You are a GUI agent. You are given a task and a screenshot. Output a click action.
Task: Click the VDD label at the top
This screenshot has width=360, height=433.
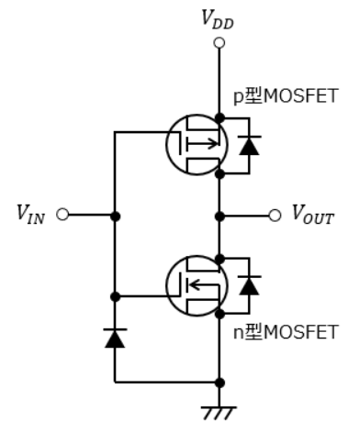(x=218, y=19)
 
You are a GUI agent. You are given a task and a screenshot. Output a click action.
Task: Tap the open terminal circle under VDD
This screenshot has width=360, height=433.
(x=219, y=43)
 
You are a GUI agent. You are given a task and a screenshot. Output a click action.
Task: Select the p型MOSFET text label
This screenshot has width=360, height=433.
(x=286, y=96)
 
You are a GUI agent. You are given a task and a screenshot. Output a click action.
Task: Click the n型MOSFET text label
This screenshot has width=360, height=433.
(x=286, y=332)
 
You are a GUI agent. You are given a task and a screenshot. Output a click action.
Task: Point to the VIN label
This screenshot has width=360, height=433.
(x=30, y=213)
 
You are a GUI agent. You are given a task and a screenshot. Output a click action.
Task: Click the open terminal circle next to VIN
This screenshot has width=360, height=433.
(x=62, y=215)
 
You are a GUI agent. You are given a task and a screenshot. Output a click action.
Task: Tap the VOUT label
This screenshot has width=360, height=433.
(x=313, y=214)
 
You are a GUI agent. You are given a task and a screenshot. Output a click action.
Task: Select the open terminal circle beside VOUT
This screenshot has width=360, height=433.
(x=275, y=216)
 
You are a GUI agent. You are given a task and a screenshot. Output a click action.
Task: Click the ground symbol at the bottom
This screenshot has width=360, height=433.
(x=219, y=413)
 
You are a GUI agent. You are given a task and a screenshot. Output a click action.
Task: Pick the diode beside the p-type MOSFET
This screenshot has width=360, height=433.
(x=250, y=145)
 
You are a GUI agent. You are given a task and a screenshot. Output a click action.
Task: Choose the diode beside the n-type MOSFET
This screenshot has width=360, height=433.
(x=250, y=285)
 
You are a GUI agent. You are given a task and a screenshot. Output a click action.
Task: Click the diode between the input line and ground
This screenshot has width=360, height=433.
(x=115, y=339)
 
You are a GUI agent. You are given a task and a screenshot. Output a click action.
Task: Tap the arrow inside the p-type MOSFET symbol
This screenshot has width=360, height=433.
(x=203, y=143)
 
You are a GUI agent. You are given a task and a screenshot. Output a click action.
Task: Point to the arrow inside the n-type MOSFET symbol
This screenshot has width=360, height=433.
(x=204, y=285)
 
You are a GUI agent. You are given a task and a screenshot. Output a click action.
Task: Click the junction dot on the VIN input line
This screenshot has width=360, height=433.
(x=115, y=216)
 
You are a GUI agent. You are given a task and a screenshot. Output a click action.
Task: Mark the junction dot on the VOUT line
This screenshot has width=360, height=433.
(x=219, y=216)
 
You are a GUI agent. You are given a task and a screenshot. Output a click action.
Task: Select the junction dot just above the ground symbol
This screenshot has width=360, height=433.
(x=219, y=383)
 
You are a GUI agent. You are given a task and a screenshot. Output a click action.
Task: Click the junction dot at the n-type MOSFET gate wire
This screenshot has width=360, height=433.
(x=115, y=296)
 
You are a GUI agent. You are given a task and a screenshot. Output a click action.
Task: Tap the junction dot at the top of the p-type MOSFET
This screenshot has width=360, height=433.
(x=219, y=117)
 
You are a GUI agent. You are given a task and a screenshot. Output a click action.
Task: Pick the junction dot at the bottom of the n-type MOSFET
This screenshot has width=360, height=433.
(x=219, y=314)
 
